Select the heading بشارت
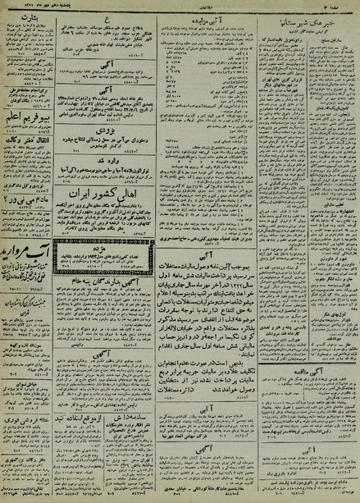[30, 16]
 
